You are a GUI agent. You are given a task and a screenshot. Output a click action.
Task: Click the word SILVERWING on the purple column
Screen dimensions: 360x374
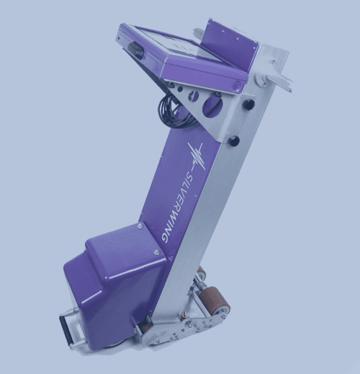click(x=184, y=206)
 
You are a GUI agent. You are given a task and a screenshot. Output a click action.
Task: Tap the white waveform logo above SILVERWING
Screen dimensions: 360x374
click(x=197, y=156)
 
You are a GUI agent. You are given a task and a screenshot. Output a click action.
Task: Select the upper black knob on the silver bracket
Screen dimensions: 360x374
click(x=248, y=104)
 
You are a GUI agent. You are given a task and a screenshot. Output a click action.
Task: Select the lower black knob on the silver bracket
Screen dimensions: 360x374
click(x=234, y=141)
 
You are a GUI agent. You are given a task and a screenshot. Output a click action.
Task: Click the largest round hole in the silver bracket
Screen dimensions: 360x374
click(x=211, y=106)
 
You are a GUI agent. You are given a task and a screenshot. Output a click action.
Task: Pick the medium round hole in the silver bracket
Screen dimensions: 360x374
click(x=194, y=96)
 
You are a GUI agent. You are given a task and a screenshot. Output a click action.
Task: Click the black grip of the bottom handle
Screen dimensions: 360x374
click(x=66, y=330)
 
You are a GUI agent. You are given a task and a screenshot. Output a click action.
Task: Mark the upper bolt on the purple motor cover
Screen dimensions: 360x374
click(x=140, y=226)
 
